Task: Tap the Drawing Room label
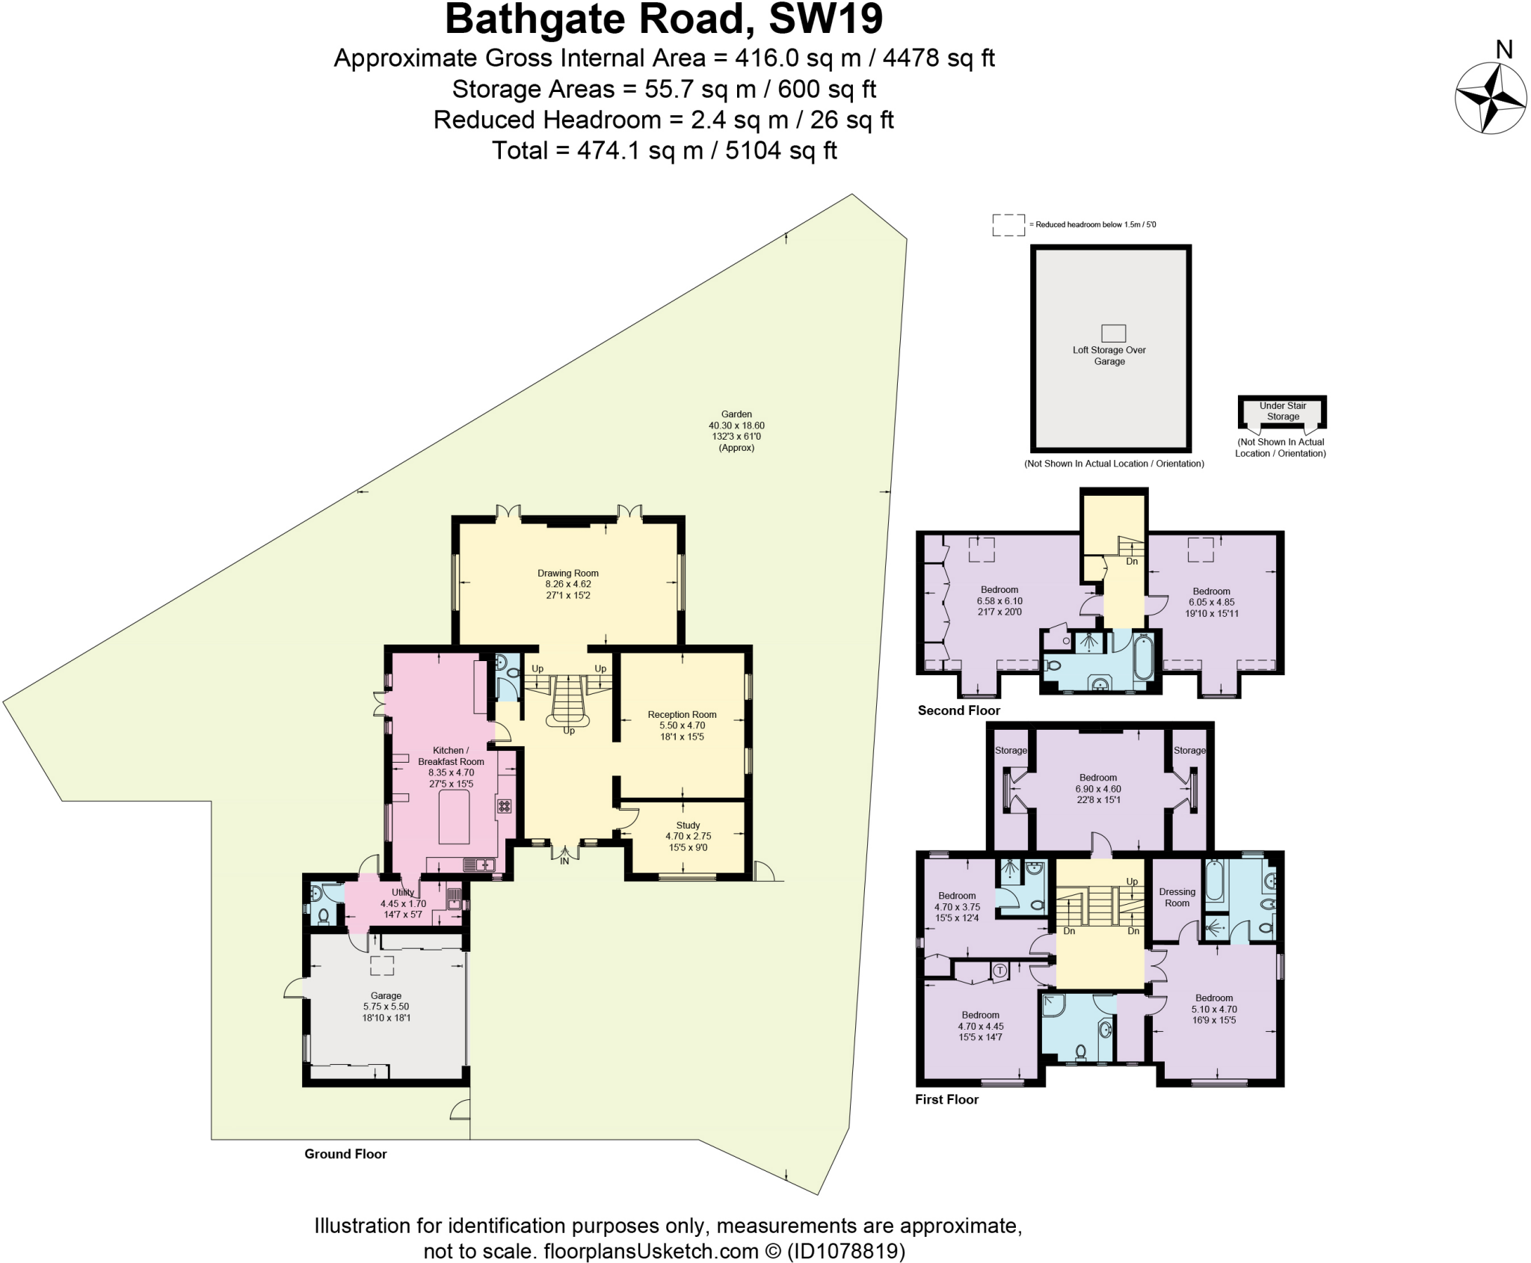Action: tap(568, 584)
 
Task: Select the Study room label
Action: tap(688, 836)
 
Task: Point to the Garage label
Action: tap(386, 1007)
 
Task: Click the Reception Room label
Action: tap(682, 725)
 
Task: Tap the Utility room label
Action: tap(403, 898)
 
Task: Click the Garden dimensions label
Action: tap(736, 431)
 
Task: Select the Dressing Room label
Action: tap(1177, 897)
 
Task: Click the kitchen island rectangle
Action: tap(454, 817)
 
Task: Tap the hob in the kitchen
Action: tap(505, 806)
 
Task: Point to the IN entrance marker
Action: tap(564, 861)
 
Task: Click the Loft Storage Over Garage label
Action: tap(1109, 355)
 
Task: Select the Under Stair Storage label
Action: tap(1283, 411)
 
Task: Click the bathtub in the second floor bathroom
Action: tap(1143, 657)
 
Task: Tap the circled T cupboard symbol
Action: tap(999, 971)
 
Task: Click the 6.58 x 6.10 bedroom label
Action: tap(999, 600)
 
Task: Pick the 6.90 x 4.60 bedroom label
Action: tap(1097, 788)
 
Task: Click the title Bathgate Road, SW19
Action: tap(664, 19)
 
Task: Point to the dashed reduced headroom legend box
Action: tap(1008, 224)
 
